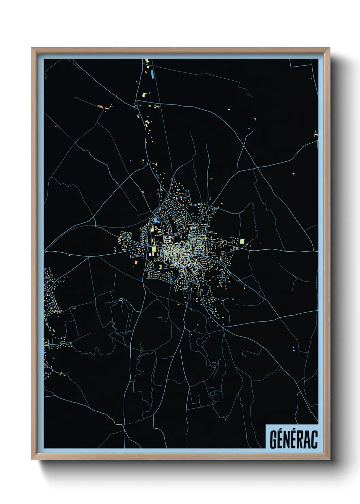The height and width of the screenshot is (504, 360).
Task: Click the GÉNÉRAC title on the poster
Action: (x=293, y=439)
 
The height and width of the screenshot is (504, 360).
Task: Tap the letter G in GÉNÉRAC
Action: (x=273, y=439)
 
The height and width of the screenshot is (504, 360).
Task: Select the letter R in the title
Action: (x=300, y=440)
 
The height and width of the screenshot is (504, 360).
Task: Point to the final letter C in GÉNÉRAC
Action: (x=314, y=440)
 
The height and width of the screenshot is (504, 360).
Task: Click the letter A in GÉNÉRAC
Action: (x=307, y=440)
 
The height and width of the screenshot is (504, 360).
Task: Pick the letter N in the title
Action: (x=287, y=440)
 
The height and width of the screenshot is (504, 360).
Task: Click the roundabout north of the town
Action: (x=136, y=107)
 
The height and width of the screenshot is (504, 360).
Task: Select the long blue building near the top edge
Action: (x=152, y=74)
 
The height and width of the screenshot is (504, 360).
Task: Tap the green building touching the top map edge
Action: (x=147, y=60)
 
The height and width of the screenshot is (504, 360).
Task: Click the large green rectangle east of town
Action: (x=242, y=241)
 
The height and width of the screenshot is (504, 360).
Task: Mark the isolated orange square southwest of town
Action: (x=136, y=263)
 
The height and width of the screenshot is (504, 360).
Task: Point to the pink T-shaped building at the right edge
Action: (x=316, y=136)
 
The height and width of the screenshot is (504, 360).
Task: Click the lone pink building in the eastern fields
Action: (x=294, y=174)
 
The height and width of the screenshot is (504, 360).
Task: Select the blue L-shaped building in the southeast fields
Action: (x=293, y=349)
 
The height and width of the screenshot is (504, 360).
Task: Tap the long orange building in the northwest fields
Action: (x=100, y=107)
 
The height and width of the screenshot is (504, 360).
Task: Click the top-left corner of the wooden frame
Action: (x=32, y=48)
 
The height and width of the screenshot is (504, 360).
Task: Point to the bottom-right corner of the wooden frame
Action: (x=329, y=459)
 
